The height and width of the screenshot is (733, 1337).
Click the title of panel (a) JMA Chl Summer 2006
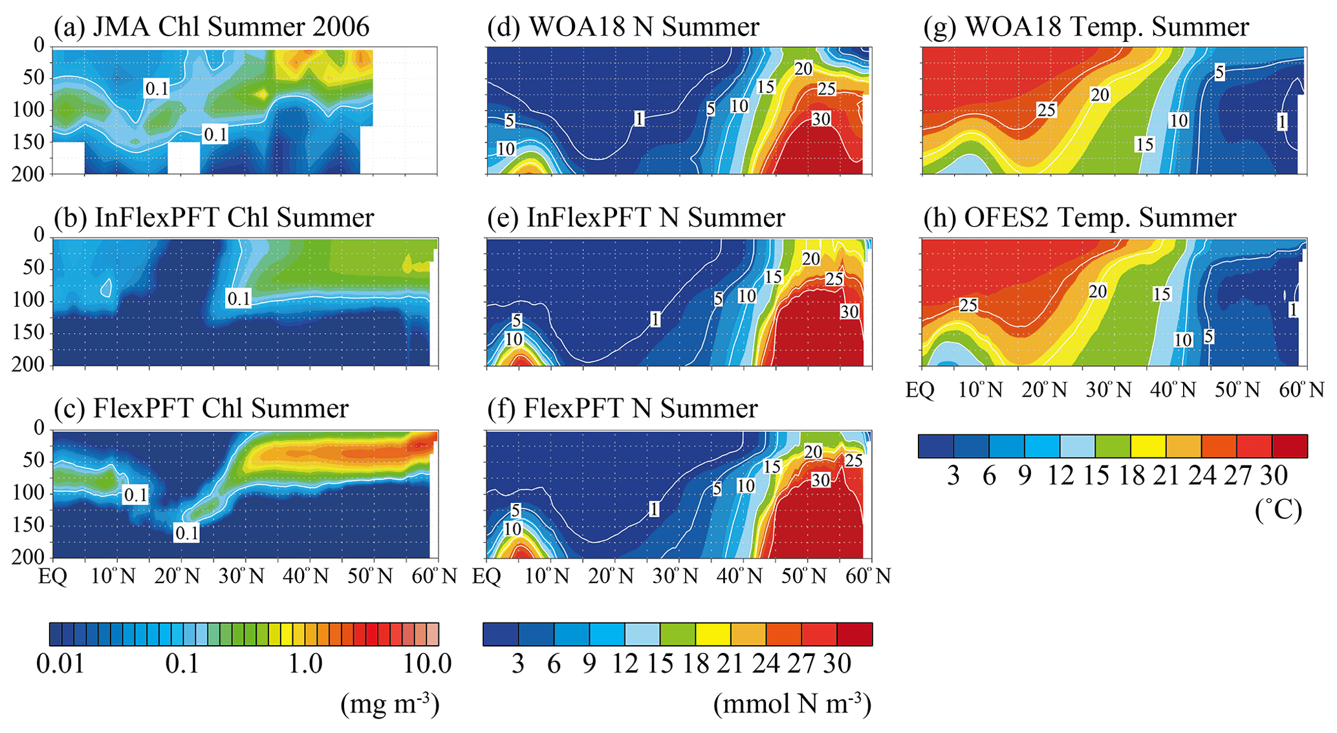coord(212,27)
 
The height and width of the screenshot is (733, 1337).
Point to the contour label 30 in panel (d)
coord(821,119)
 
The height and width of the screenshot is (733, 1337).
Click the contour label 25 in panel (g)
coord(1046,111)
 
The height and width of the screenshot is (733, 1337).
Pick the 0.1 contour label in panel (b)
coord(238,299)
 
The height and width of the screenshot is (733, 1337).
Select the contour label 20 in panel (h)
coord(1098,292)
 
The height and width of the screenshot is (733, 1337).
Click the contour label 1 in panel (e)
coord(655,319)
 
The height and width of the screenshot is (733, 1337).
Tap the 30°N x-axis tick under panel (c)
coord(241,576)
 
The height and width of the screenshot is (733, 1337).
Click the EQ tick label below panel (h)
coord(920,390)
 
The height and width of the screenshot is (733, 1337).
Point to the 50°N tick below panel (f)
coord(804,576)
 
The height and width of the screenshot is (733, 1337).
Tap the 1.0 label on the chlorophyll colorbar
coord(306,664)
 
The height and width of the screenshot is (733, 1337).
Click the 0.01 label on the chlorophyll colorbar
coord(60,664)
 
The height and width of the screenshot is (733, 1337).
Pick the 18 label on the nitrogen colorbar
coord(695,664)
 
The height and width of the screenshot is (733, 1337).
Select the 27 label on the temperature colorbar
coord(1237,476)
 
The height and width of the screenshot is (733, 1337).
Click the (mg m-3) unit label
coord(390,704)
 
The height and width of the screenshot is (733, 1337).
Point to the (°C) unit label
coord(1278,511)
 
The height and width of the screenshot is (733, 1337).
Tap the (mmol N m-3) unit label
coord(792,704)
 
